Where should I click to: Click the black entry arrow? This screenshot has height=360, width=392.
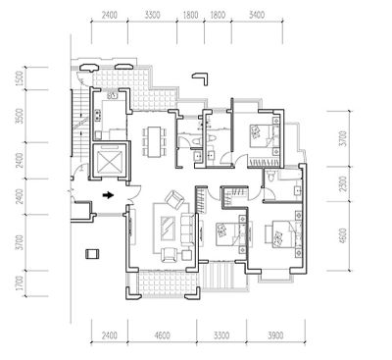[108, 195]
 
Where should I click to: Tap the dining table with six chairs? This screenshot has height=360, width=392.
[154, 141]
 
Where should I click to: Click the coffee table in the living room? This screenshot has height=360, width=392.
[170, 228]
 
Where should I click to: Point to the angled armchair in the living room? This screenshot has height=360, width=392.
[174, 200]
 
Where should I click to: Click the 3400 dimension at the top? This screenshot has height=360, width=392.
[257, 15]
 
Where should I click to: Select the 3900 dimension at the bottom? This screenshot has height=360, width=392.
[275, 335]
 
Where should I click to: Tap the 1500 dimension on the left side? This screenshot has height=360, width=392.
[20, 78]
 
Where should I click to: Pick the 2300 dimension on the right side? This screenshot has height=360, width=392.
[342, 184]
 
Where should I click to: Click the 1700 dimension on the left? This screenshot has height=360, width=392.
[20, 283]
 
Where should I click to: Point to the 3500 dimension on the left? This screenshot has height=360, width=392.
[20, 116]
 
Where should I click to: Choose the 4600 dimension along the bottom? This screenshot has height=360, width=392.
[162, 335]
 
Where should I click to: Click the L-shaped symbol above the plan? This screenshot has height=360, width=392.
[200, 78]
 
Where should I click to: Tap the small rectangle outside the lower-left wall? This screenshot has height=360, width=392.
[92, 254]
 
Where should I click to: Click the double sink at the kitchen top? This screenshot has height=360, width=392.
[113, 95]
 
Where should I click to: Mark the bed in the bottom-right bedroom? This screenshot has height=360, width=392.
[279, 233]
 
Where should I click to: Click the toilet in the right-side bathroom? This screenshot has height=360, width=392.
[270, 176]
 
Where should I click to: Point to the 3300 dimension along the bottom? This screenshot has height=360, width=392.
[221, 335]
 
